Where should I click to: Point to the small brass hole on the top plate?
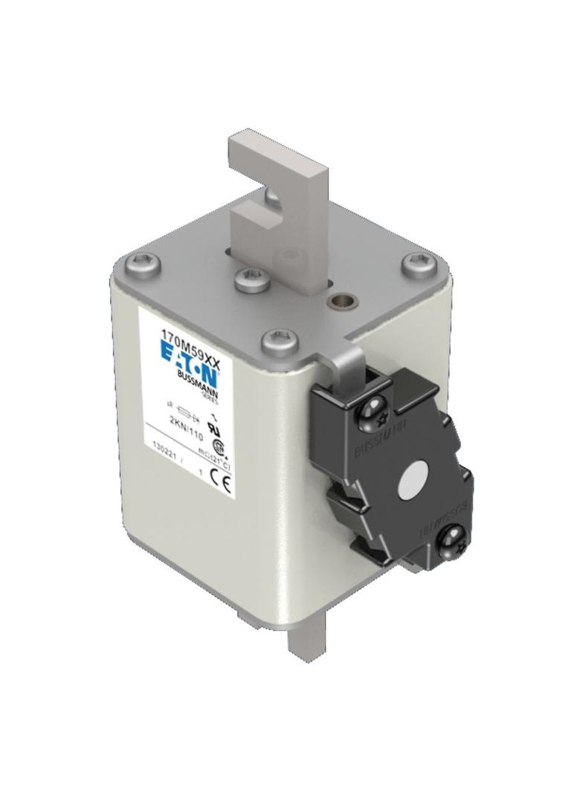[x=342, y=302]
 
